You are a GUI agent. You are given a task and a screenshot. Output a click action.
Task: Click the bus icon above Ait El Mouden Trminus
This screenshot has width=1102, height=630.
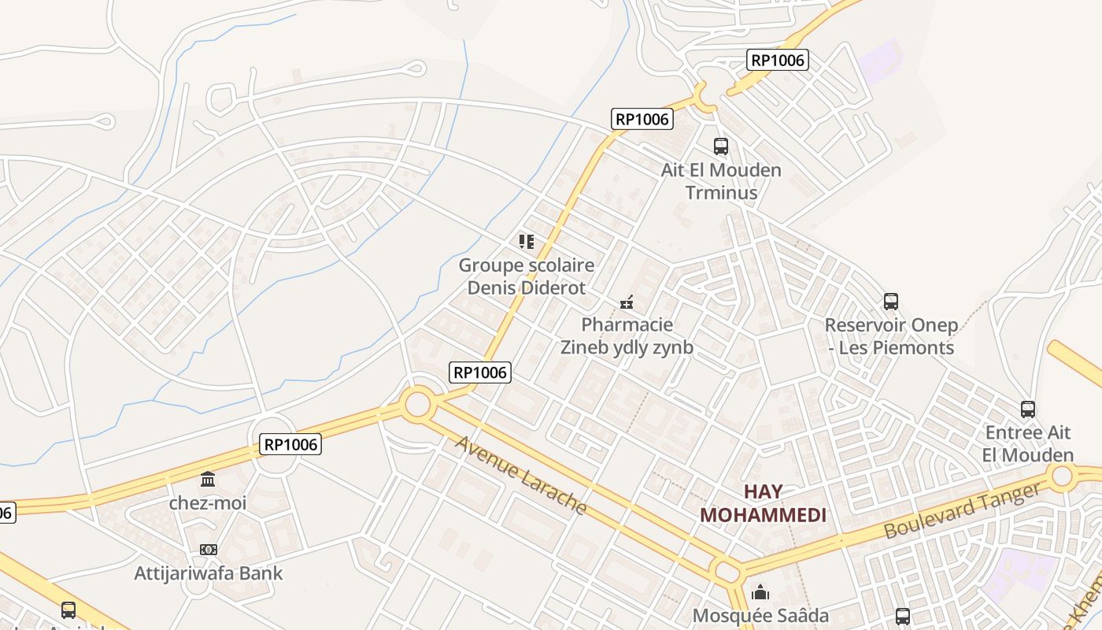tap(721, 146)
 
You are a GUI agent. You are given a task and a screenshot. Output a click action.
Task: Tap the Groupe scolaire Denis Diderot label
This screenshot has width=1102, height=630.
tap(527, 276)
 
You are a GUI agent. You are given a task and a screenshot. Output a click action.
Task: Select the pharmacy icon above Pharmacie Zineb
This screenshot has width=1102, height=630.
tap(627, 302)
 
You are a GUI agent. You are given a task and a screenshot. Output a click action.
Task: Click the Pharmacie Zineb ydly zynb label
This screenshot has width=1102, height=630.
tap(627, 336)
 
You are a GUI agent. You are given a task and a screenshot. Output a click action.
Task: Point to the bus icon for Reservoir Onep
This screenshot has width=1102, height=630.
tap(891, 302)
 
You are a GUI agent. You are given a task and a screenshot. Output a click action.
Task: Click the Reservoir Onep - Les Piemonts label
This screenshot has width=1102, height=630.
tap(891, 336)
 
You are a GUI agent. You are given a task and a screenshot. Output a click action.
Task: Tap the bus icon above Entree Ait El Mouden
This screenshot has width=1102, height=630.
tap(1028, 409)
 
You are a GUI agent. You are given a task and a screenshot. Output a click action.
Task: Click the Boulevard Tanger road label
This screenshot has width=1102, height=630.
tap(963, 511)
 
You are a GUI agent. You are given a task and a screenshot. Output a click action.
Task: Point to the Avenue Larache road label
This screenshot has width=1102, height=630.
tap(520, 475)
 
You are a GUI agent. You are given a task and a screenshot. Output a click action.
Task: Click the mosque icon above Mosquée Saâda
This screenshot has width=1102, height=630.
tap(760, 591)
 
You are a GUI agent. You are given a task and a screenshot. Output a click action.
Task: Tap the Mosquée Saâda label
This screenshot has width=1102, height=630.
tap(760, 616)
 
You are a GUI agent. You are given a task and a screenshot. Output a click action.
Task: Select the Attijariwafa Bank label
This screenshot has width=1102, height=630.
tap(208, 573)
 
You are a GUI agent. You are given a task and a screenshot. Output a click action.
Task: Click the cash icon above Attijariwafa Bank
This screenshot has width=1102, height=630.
tap(208, 550)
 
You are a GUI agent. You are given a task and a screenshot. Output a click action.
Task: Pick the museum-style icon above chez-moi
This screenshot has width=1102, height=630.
tap(208, 479)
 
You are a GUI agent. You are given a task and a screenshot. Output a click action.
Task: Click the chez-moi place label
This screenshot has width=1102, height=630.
tap(208, 502)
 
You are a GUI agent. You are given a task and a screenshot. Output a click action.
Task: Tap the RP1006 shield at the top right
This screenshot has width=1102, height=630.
tap(778, 60)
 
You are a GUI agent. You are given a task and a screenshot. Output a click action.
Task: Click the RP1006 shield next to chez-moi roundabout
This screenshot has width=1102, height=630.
tap(290, 445)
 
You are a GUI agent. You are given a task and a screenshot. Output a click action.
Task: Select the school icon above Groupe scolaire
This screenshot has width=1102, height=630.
tap(527, 241)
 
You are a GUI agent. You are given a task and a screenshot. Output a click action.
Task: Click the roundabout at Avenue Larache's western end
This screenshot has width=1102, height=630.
tap(418, 405)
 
